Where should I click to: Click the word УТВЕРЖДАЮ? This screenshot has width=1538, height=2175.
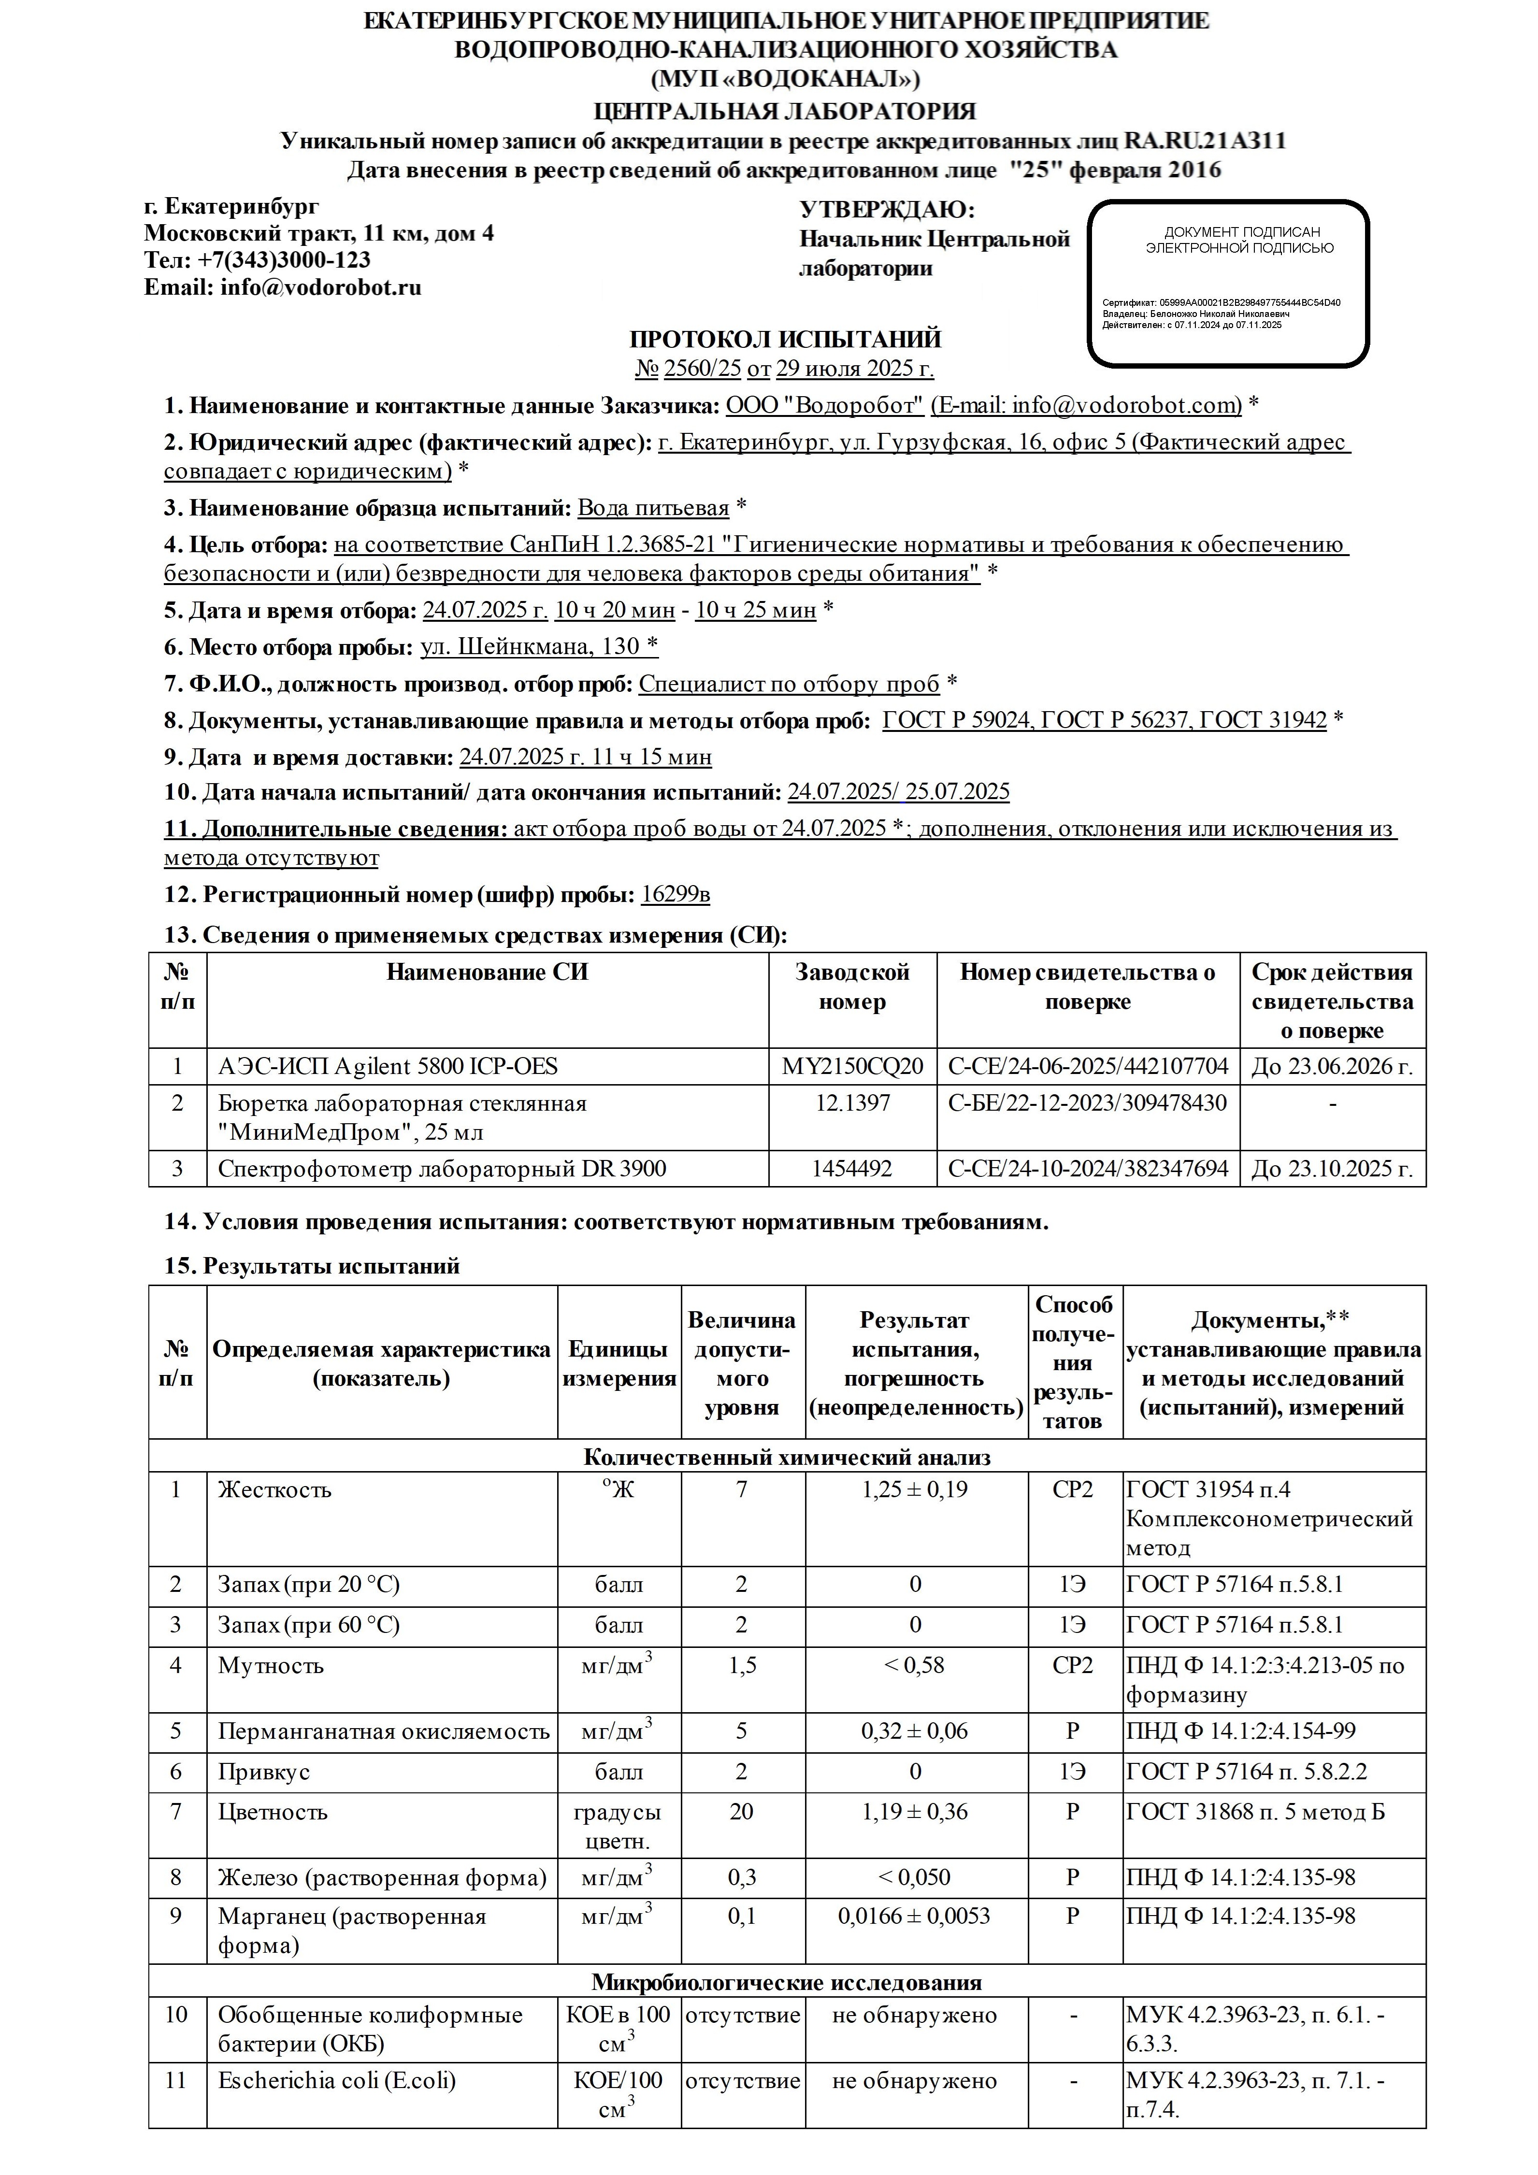tap(886, 209)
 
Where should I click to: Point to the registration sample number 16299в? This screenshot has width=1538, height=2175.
tap(676, 894)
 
